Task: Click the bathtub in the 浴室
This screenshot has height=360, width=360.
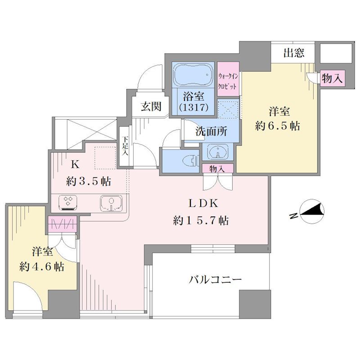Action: tap(193, 74)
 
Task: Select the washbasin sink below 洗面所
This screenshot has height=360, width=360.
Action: tap(217, 152)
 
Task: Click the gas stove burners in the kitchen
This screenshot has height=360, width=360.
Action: tap(68, 202)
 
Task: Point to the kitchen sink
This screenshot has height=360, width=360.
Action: tap(111, 203)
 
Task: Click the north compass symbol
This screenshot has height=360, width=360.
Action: tap(308, 211)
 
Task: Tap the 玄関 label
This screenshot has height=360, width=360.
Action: tap(151, 106)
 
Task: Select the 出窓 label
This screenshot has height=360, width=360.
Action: tap(294, 53)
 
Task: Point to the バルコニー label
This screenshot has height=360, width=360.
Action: tap(215, 279)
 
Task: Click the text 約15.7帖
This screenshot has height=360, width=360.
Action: tap(201, 220)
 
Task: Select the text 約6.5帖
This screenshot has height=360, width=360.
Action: tap(278, 126)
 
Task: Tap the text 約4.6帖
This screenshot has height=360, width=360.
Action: tap(42, 266)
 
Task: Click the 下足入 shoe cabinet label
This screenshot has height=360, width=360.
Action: tap(125, 145)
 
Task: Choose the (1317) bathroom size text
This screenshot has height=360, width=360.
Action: tap(193, 107)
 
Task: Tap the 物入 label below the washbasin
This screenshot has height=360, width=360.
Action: tap(217, 169)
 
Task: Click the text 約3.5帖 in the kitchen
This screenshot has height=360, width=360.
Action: tap(89, 182)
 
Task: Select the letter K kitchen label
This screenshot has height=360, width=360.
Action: tap(75, 164)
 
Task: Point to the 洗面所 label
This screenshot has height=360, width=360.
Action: tap(211, 131)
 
